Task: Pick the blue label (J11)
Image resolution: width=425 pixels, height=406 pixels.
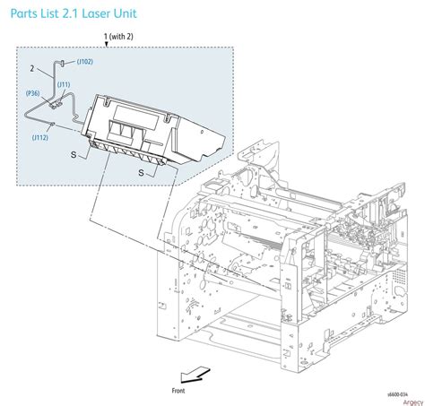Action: pos(64,84)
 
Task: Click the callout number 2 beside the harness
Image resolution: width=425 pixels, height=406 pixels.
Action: pos(32,68)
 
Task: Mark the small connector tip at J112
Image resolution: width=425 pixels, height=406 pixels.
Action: pos(56,125)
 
